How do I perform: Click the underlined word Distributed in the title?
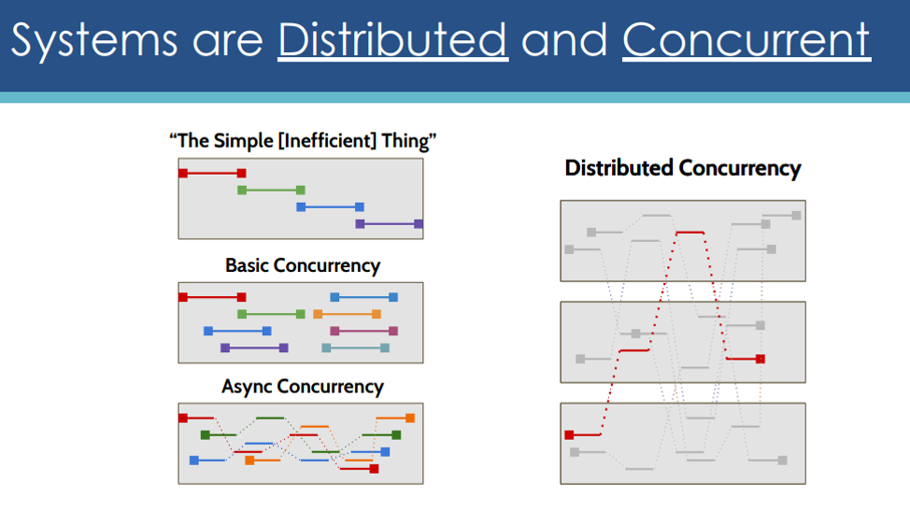[393, 39]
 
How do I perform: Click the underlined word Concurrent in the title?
[746, 39]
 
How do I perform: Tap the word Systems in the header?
[94, 40]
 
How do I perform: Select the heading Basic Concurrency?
[303, 265]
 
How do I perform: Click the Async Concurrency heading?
[303, 387]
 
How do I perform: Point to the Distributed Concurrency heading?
[682, 168]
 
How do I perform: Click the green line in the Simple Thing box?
[271, 191]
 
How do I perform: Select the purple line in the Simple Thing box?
[389, 224]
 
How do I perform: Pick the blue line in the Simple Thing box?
[330, 207]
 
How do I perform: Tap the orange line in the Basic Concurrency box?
[347, 315]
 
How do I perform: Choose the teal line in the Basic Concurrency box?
[356, 348]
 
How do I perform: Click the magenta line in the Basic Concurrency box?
[363, 332]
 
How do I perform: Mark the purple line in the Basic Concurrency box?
[254, 348]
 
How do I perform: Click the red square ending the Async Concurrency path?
[375, 469]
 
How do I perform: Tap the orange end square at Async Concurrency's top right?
[410, 418]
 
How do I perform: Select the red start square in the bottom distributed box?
[569, 434]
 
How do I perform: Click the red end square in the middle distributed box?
[761, 359]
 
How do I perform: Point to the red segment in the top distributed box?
[690, 233]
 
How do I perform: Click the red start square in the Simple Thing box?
[183, 173]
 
